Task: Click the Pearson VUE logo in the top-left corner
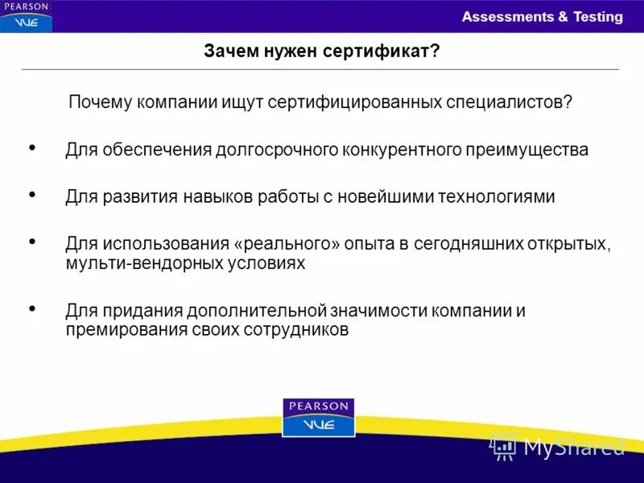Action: (x=26, y=16)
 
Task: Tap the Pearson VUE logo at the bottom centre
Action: (x=318, y=417)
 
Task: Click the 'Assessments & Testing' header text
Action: (x=542, y=17)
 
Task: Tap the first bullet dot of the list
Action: (x=32, y=148)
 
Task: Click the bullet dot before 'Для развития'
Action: (x=32, y=195)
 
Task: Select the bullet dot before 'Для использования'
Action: (x=32, y=241)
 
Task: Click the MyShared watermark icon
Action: (x=504, y=445)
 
